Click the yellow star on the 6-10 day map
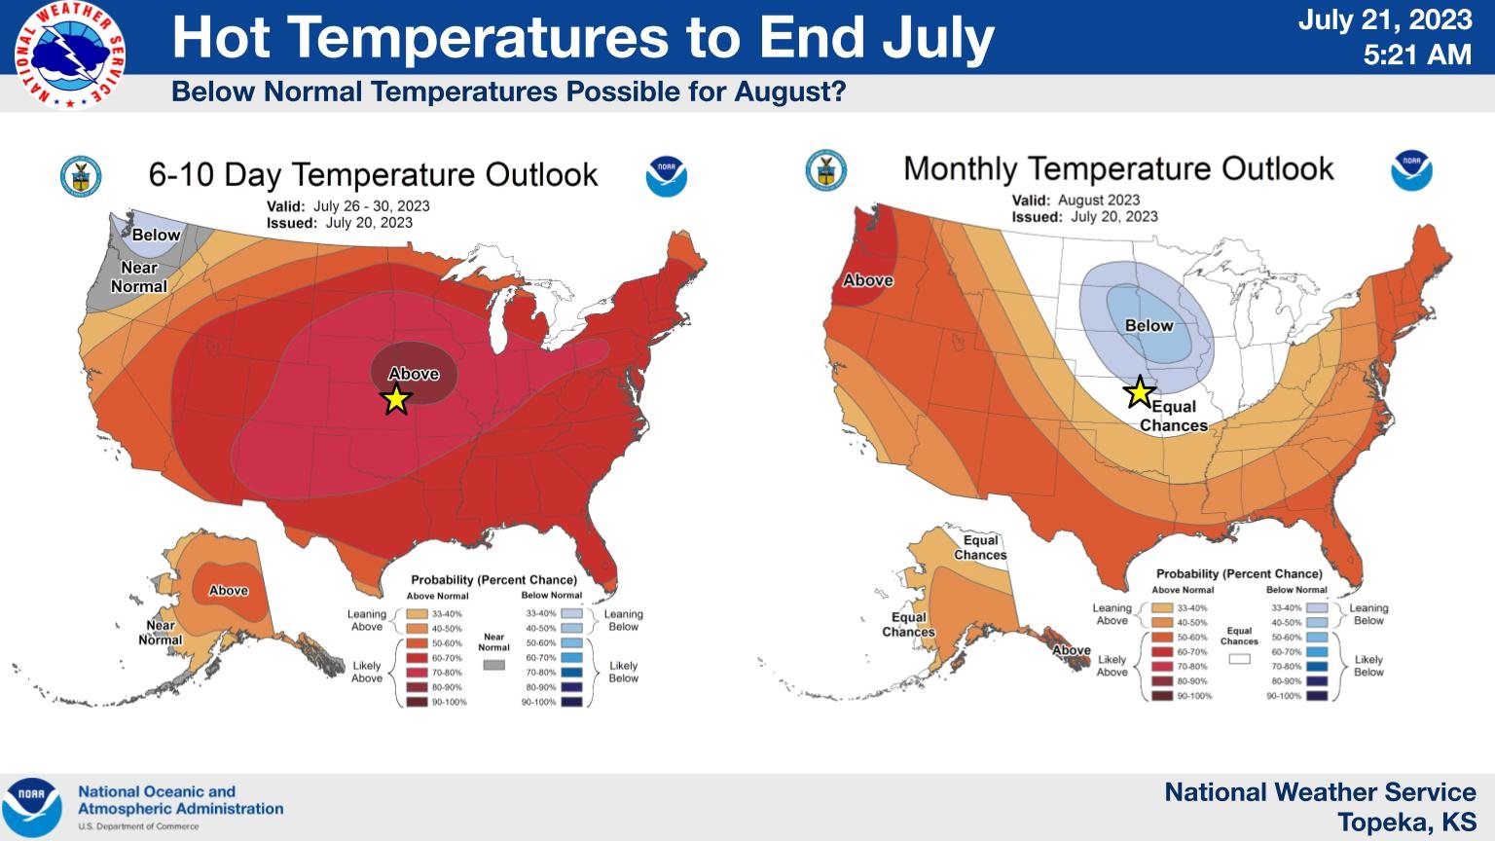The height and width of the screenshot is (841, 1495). click(x=396, y=398)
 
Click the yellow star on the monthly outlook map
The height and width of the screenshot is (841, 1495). click(x=1139, y=392)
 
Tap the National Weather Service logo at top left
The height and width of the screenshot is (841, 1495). click(x=70, y=55)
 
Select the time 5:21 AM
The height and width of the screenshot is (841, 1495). click(x=1416, y=55)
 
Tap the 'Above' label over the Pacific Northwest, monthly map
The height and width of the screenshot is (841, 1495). click(x=867, y=280)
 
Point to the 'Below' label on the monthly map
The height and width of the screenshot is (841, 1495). click(x=1149, y=326)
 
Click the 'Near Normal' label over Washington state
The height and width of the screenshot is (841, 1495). click(x=138, y=277)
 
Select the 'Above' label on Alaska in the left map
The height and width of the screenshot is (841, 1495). click(x=229, y=591)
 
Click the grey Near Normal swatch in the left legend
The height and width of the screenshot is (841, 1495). click(x=494, y=665)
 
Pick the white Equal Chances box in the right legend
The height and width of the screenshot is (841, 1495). click(x=1239, y=659)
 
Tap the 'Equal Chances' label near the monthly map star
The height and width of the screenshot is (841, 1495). click(x=1173, y=417)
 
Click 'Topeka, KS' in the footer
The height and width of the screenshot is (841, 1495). click(x=1406, y=823)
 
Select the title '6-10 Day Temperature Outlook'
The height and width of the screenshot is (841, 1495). click(x=373, y=175)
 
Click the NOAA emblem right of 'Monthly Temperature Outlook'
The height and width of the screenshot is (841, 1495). click(x=1410, y=170)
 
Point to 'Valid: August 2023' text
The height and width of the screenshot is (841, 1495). click(x=1076, y=201)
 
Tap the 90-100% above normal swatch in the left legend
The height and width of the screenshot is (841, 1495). click(x=418, y=702)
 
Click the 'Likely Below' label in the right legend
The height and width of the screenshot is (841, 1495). click(x=1367, y=666)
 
